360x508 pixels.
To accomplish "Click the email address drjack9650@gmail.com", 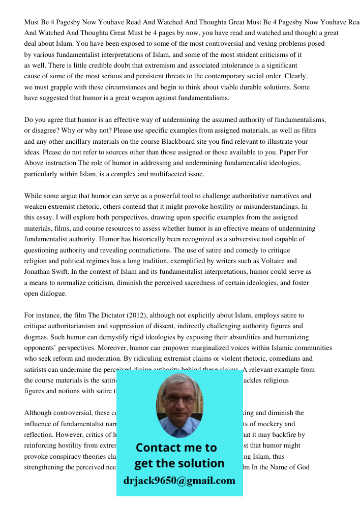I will click(179, 480).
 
